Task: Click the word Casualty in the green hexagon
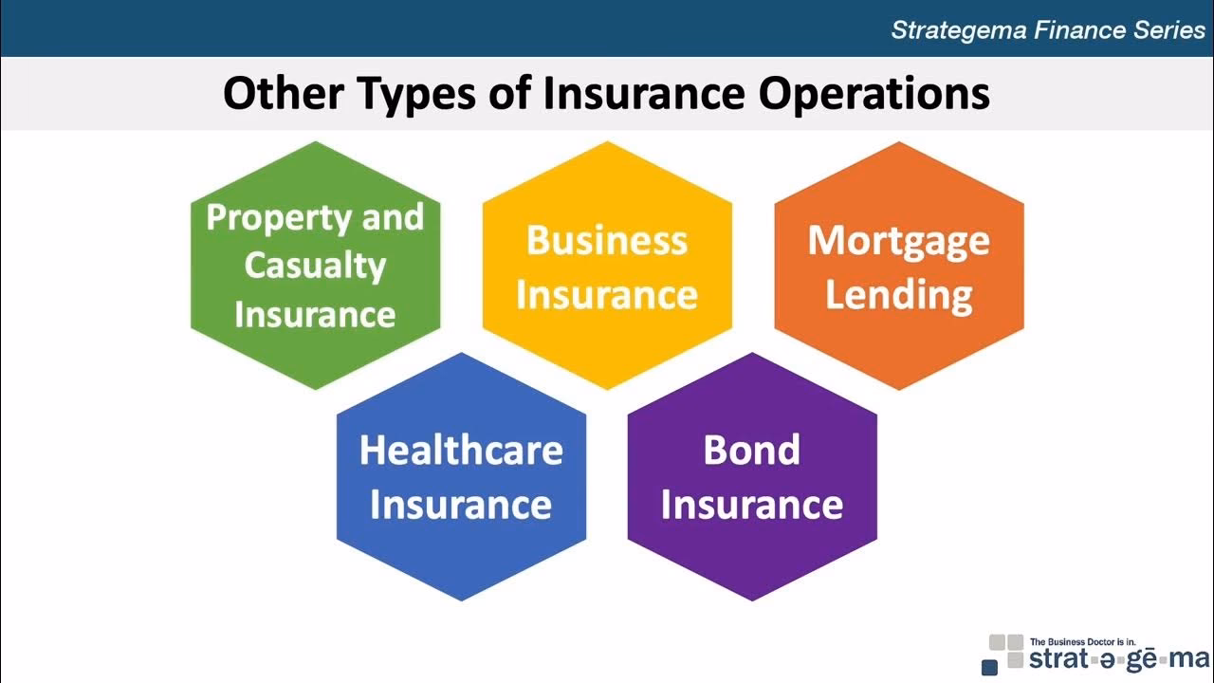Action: point(315,266)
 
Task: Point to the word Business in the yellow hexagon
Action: point(607,240)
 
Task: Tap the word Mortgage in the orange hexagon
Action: point(899,240)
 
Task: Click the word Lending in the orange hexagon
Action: point(899,295)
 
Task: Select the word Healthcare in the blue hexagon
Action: point(461,450)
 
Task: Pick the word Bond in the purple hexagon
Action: point(752,450)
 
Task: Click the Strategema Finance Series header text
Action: point(1048,29)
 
